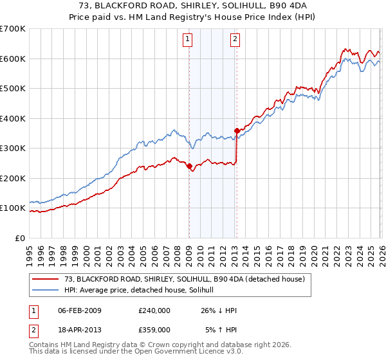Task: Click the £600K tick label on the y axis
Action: point(13,59)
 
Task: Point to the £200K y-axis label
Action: point(13,178)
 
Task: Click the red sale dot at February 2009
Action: point(189,166)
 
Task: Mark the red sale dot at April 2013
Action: point(237,130)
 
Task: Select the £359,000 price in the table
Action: point(154,330)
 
